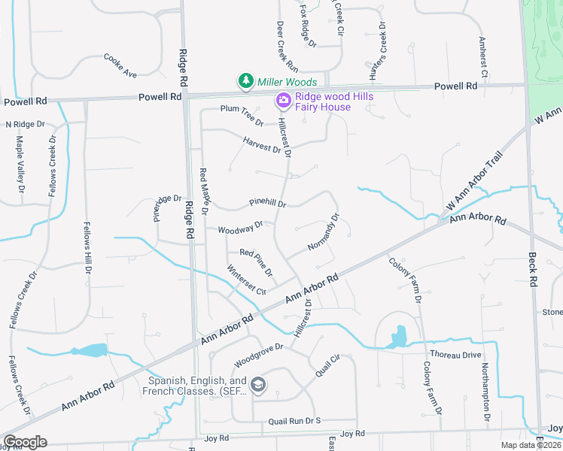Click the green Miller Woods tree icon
[245, 81]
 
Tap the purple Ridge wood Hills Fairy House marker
[283, 100]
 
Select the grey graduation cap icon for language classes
[258, 386]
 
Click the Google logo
[25, 442]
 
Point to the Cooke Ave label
[120, 65]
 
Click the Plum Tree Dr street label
[242, 114]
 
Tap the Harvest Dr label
[262, 144]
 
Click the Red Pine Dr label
[256, 261]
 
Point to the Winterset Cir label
[247, 280]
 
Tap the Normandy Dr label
[324, 233]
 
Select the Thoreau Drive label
[455, 354]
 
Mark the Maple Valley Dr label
[21, 174]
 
